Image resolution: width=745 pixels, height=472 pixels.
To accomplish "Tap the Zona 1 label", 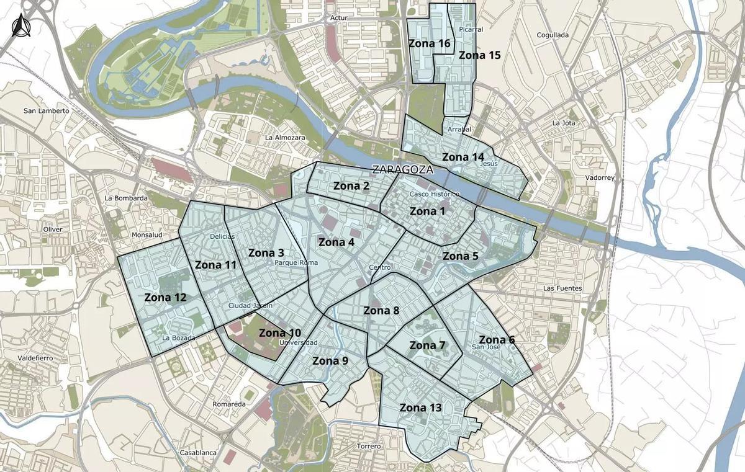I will [x=428, y=212].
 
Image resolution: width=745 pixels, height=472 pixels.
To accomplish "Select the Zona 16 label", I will [x=429, y=43].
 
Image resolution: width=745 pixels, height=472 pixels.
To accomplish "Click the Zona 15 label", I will [x=479, y=55].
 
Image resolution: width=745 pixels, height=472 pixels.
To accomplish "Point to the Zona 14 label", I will [x=463, y=157].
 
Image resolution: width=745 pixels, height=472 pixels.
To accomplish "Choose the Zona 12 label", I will [x=165, y=297].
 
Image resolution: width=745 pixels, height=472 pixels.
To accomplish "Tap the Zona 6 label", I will [x=497, y=339].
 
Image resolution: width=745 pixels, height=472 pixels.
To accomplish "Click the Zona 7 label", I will [x=427, y=345].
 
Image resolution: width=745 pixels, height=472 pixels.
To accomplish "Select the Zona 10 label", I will [x=280, y=333].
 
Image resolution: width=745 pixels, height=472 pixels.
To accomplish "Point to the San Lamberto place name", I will [x=46, y=111].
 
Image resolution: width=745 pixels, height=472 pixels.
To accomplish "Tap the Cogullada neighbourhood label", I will [x=552, y=35].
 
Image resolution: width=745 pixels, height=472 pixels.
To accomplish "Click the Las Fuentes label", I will [x=562, y=288].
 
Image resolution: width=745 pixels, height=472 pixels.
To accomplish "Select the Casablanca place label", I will [x=198, y=453].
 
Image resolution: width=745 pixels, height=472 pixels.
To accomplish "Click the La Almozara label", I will [x=286, y=137].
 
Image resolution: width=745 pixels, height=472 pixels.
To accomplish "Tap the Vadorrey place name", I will [x=599, y=178].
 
